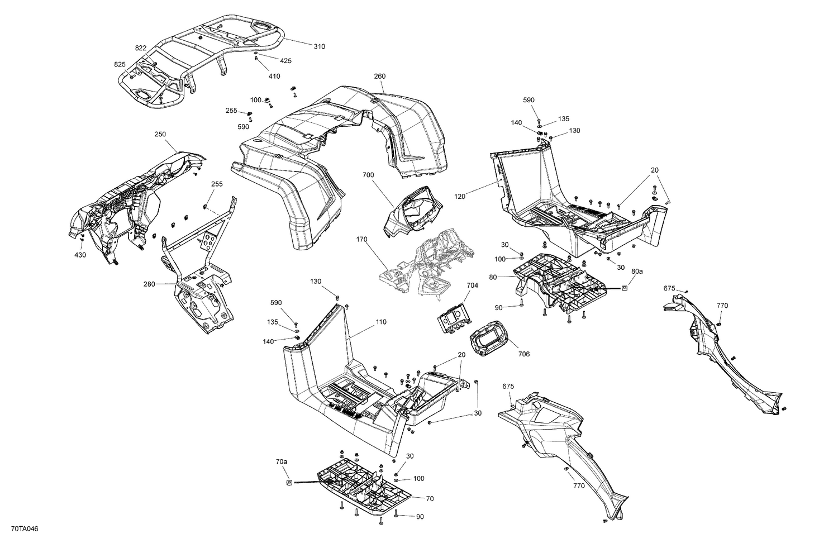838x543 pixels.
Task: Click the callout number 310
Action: pyautogui.click(x=318, y=46)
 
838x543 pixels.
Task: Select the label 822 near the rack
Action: pyautogui.click(x=140, y=48)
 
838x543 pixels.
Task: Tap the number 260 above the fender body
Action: pyautogui.click(x=380, y=77)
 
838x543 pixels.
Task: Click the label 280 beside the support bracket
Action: pyautogui.click(x=149, y=284)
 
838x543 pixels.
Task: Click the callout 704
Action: pyautogui.click(x=473, y=285)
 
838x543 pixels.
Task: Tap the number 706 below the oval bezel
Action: pyautogui.click(x=523, y=354)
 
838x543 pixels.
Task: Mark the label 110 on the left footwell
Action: pyautogui.click(x=380, y=322)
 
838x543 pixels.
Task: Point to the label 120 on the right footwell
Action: pyautogui.click(x=460, y=196)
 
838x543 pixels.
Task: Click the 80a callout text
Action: pyautogui.click(x=637, y=271)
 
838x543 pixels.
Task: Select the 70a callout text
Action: pyautogui.click(x=282, y=462)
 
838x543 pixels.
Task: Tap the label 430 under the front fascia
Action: pyautogui.click(x=81, y=255)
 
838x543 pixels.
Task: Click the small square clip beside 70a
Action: pyautogui.click(x=289, y=483)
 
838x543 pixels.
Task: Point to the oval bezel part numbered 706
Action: pyautogui.click(x=490, y=336)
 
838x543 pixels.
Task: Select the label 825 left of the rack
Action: pyautogui.click(x=120, y=64)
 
